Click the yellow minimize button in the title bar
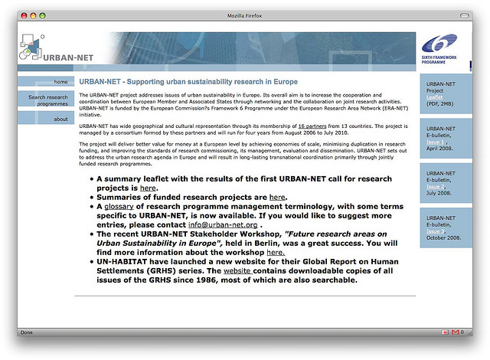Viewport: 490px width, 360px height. [33, 15]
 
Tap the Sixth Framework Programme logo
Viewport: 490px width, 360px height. [442, 50]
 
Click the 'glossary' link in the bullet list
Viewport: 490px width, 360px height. [119, 206]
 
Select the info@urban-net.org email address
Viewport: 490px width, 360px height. [223, 225]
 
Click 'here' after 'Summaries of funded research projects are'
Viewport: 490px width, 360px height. [277, 197]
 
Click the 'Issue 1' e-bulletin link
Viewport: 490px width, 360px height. [434, 142]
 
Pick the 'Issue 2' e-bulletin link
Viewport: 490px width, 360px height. [434, 186]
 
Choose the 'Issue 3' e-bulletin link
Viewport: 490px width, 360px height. [434, 231]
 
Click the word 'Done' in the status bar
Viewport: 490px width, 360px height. [27, 332]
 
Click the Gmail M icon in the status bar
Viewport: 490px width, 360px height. [455, 332]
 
